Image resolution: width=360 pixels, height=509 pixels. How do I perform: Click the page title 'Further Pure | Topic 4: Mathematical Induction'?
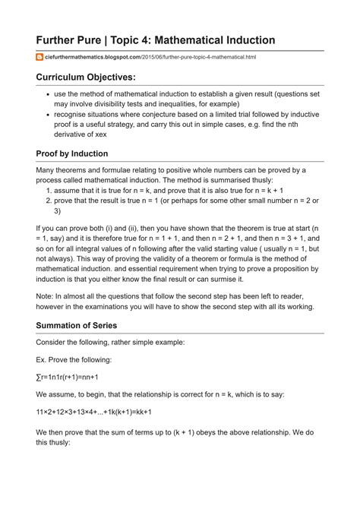tap(156, 40)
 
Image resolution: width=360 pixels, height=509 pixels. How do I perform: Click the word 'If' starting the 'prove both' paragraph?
tap(39, 227)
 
